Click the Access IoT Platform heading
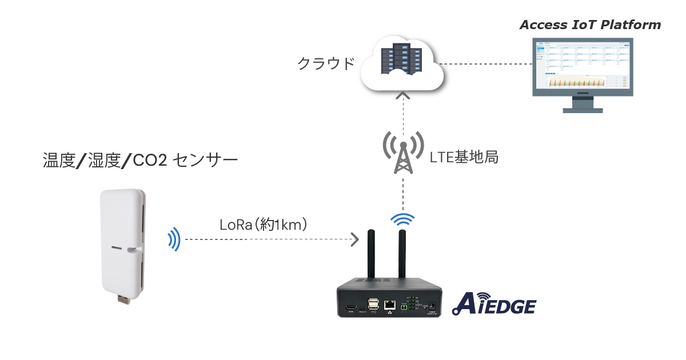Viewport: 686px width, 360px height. (x=590, y=25)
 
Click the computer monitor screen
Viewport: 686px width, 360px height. (x=581, y=67)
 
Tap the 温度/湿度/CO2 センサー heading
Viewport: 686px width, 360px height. (x=140, y=161)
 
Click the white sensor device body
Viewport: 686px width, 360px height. (x=121, y=240)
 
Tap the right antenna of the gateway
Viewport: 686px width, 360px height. (x=402, y=254)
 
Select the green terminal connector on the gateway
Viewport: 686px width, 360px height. (x=404, y=308)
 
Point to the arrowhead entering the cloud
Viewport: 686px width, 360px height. (x=404, y=95)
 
